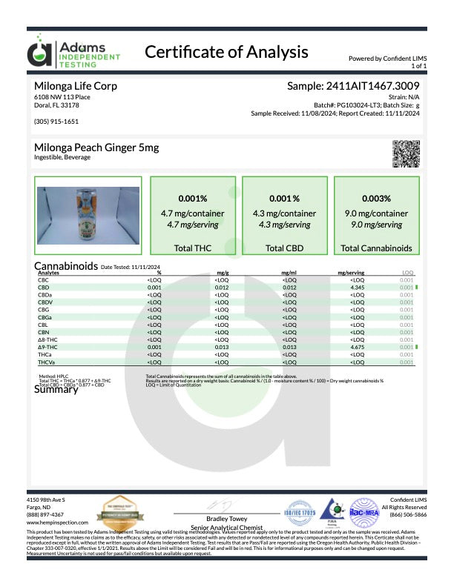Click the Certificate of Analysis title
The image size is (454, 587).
pyautogui.click(x=226, y=52)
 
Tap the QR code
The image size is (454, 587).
pyautogui.click(x=405, y=153)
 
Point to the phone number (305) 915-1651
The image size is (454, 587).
pyautogui.click(x=56, y=121)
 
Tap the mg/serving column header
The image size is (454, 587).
pyautogui.click(x=350, y=273)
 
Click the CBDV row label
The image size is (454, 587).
pyautogui.click(x=45, y=302)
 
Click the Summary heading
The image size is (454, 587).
pyautogui.click(x=56, y=391)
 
